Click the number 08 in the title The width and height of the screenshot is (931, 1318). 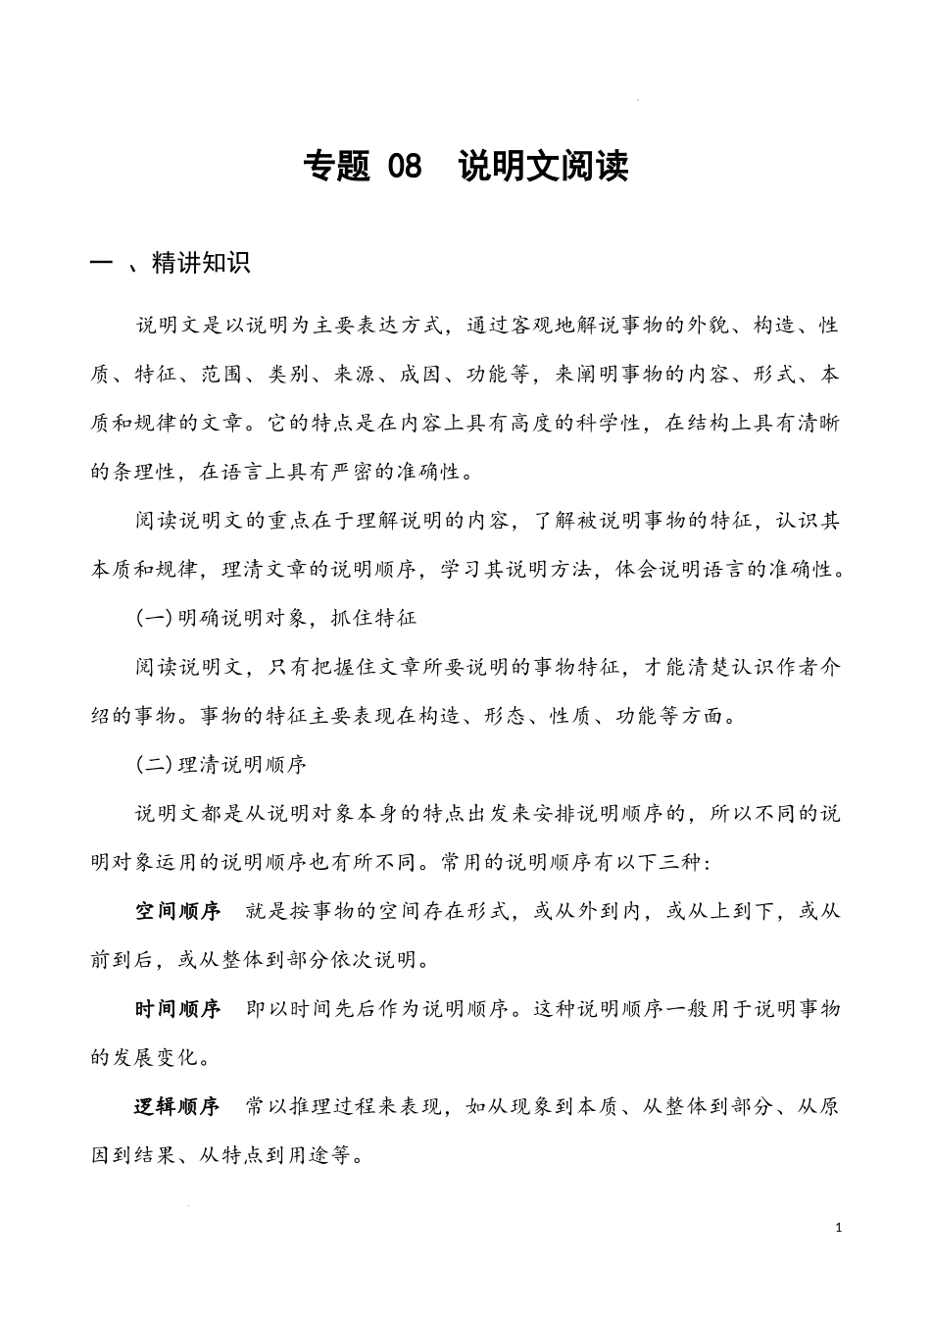click(405, 167)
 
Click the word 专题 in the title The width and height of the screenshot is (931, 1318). click(337, 167)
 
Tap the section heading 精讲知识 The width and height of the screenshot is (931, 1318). click(201, 263)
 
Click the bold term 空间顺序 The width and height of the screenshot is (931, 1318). click(177, 911)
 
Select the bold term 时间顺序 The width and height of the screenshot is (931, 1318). click(177, 1009)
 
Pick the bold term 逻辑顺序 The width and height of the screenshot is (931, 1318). click(177, 1107)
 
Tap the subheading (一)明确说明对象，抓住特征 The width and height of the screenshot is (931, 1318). click(275, 618)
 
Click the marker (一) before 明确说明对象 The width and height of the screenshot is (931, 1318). click(154, 618)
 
